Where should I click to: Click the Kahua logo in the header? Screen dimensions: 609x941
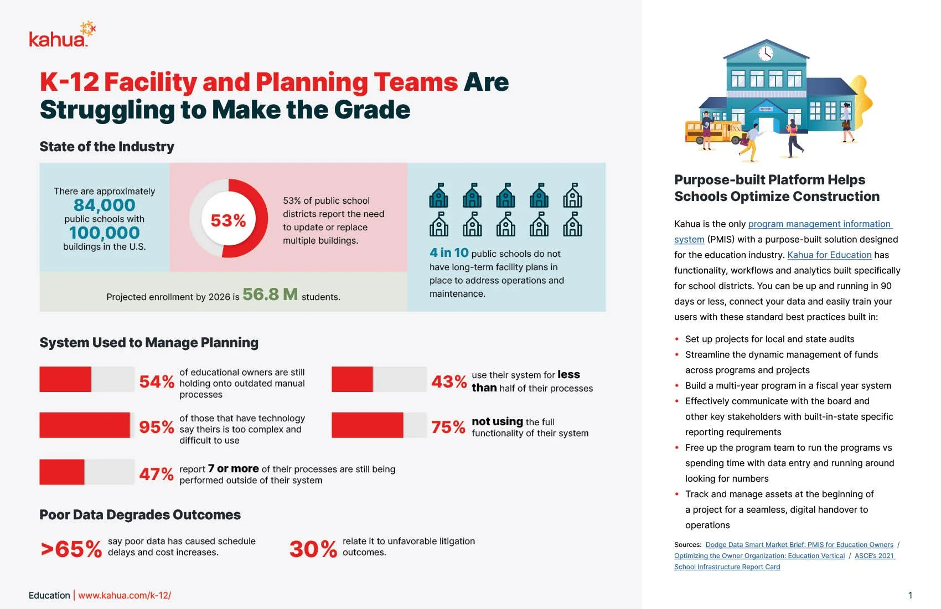(61, 36)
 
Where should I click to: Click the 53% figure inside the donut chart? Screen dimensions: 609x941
(228, 220)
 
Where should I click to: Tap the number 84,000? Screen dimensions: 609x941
(104, 205)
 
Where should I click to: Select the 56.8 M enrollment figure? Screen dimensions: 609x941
(270, 294)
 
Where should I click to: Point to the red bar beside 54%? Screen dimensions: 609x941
(65, 379)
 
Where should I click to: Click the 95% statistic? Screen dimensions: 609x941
(157, 427)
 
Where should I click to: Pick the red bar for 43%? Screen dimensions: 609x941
(353, 379)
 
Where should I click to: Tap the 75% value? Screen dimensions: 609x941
(448, 427)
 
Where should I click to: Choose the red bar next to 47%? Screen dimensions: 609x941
(62, 472)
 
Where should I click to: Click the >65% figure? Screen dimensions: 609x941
(71, 549)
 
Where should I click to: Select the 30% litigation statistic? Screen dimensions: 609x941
(313, 549)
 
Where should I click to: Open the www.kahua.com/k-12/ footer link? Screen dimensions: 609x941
(125, 595)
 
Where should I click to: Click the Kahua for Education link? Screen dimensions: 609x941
(829, 255)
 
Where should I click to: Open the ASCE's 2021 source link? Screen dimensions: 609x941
(874, 556)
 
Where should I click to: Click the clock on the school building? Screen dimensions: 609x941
(766, 53)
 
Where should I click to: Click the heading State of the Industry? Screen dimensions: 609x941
(107, 147)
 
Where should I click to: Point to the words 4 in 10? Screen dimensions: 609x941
(449, 253)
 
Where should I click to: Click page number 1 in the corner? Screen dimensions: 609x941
(910, 595)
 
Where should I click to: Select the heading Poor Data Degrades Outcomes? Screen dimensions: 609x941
(140, 515)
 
